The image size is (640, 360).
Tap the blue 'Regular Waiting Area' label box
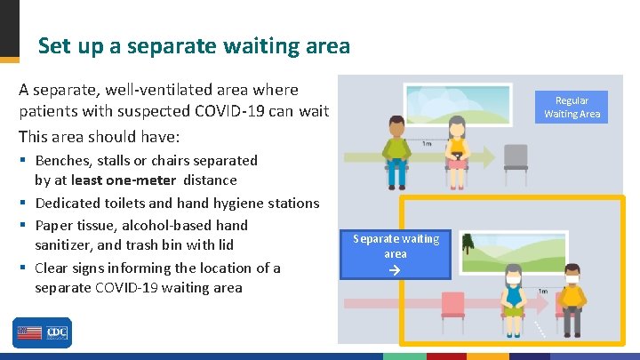coord(572,108)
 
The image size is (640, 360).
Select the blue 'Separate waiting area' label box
coord(396,253)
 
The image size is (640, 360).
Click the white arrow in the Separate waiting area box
coord(396,267)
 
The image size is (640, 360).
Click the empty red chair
coord(452,307)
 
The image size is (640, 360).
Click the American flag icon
coord(28,333)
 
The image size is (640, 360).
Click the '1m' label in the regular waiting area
coord(427,143)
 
